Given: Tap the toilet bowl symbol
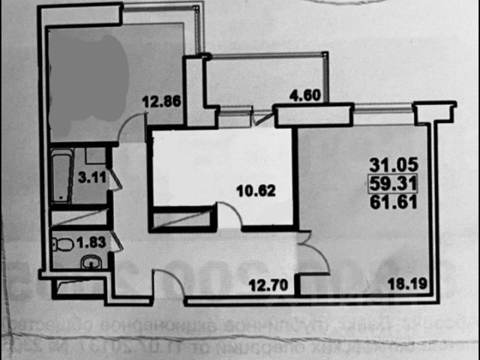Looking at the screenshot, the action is tap(63, 243).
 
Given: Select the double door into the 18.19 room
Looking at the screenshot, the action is tap(308, 255).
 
